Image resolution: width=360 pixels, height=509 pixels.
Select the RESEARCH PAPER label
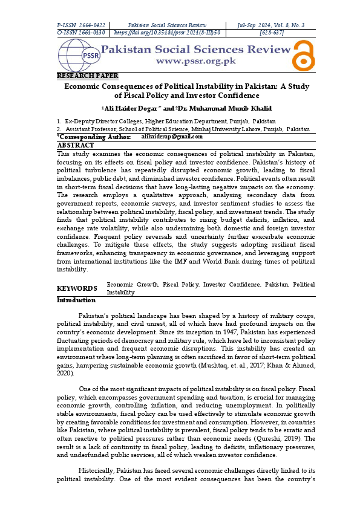coord(87,76)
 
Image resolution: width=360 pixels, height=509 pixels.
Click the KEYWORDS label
coord(77,288)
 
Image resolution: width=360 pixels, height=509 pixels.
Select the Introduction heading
coord(76,300)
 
